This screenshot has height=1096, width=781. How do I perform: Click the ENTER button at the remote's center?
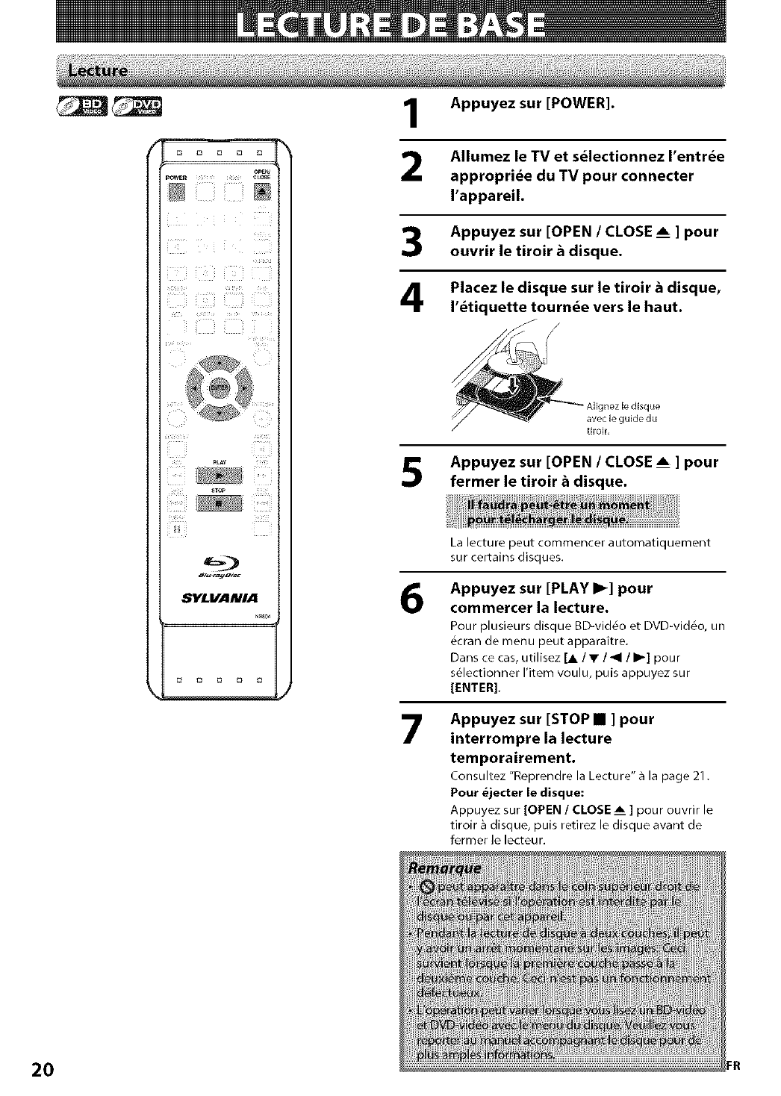(218, 387)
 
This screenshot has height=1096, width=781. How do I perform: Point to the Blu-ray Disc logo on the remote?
(218, 570)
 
